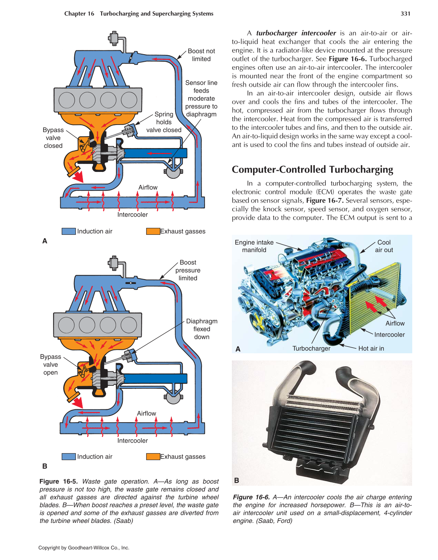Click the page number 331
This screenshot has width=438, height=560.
tap(405, 14)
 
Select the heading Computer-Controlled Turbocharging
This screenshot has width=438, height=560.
tap(312, 169)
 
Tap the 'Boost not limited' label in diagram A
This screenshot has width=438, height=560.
tap(201, 55)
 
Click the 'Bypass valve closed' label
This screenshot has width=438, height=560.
tap(53, 138)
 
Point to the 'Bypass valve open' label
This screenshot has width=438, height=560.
tap(50, 365)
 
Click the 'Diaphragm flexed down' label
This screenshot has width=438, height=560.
tap(202, 329)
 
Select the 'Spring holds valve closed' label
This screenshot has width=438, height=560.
tap(164, 122)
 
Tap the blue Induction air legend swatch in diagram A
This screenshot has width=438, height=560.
tap(69, 231)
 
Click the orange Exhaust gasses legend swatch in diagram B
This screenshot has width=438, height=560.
tap(153, 457)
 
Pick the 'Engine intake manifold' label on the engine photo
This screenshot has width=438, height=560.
tap(254, 246)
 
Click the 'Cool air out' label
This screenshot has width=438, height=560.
tap(384, 246)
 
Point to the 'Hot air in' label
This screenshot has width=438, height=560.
tap(371, 348)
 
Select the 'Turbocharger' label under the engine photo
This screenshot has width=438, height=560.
tap(311, 348)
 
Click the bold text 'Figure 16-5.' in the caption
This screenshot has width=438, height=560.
tap(59, 481)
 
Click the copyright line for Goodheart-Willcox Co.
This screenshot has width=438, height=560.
tap(84, 548)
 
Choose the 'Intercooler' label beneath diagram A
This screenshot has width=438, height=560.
tap(132, 215)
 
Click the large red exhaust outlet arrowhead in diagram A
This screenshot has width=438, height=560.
tap(78, 177)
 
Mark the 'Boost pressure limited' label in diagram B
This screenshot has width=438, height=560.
tap(188, 270)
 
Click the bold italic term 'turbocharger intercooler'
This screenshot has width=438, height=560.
tap(296, 33)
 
